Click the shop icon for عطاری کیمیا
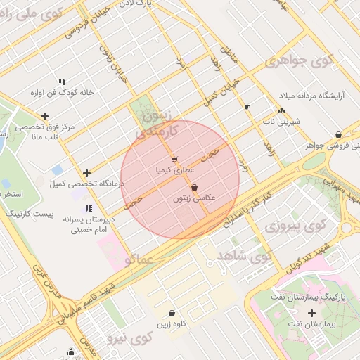(174, 159)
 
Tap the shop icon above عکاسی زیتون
(194, 187)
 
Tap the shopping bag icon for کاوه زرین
(172, 313)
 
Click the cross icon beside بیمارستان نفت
(312, 312)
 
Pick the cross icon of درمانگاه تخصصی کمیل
(86, 173)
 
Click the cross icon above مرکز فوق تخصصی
(45, 116)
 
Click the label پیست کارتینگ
(25, 212)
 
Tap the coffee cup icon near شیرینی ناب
(246, 107)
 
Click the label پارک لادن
(155, 4)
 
